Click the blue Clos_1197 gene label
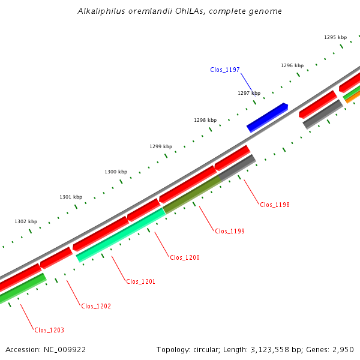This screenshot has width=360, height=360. [225, 70]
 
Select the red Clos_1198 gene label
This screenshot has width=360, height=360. [275, 205]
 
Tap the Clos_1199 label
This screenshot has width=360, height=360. [230, 231]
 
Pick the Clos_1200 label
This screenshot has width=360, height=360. [185, 257]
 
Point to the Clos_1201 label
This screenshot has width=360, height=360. [140, 281]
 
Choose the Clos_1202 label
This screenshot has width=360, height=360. [96, 306]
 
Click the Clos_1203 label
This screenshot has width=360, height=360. [49, 330]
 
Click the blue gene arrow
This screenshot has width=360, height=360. [268, 117]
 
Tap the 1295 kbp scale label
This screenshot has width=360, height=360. [335, 37]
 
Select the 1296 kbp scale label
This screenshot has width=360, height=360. [292, 65]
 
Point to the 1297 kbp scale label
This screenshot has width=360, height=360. [249, 93]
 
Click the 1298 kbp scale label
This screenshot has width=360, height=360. [205, 120]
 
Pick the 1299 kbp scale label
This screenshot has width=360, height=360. [161, 146]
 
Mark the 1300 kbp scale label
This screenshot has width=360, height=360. [116, 172]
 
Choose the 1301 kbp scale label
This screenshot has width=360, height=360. [71, 197]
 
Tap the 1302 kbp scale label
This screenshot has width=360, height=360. [26, 221]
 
